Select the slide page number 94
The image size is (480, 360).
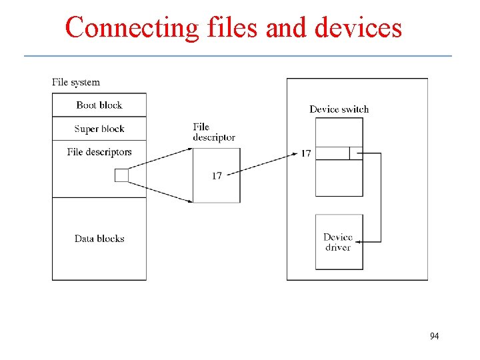point(434,336)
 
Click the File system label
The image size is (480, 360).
point(76,83)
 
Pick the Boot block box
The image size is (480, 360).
point(99,105)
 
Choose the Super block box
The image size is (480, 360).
point(99,129)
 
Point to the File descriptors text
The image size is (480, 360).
point(99,152)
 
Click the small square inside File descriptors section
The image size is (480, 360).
point(121,175)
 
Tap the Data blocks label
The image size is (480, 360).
point(99,239)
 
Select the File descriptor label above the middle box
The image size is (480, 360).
point(213,132)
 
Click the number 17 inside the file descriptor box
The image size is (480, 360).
point(217,176)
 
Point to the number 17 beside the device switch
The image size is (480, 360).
point(305,154)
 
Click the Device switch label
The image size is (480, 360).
point(339,109)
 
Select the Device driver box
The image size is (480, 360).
point(339,242)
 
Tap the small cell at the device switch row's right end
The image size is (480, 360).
point(356,153)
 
